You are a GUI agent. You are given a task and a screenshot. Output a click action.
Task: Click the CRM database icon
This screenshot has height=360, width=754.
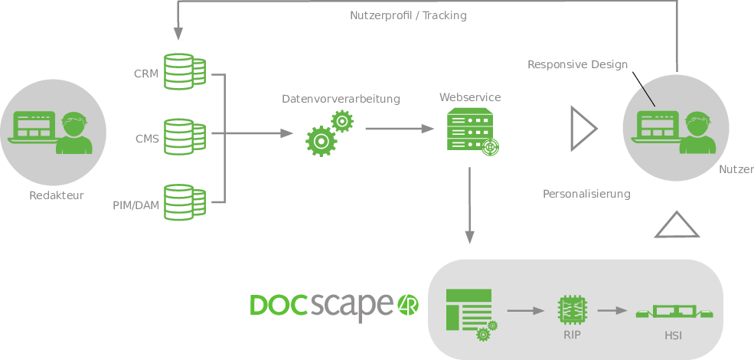(x=184, y=72)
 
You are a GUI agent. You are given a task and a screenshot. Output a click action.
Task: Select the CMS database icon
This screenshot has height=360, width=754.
(x=184, y=137)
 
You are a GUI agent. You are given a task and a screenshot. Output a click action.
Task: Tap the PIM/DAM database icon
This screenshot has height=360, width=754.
(x=184, y=202)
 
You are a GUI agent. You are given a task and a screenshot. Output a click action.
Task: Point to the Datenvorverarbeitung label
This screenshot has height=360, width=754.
(x=341, y=99)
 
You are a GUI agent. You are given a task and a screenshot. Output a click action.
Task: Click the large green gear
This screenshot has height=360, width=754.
(x=320, y=142)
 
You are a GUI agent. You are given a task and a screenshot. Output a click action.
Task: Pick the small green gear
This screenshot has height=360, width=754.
(x=342, y=120)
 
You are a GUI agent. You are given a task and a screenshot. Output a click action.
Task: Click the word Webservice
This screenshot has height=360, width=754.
(x=470, y=97)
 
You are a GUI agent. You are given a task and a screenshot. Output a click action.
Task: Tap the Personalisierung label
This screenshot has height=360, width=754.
(x=586, y=194)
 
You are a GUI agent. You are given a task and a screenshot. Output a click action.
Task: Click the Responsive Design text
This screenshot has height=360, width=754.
(x=578, y=64)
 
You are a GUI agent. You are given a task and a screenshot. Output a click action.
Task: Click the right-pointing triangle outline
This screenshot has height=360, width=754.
(x=583, y=127)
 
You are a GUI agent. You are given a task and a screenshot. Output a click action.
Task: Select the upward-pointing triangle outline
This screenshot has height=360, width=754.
(x=677, y=225)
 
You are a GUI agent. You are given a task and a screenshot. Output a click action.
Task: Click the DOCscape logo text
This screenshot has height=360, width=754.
(x=321, y=304)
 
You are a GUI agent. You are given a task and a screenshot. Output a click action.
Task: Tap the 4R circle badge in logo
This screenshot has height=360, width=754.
(x=406, y=305)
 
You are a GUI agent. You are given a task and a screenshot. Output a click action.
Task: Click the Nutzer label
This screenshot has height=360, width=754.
(x=736, y=169)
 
